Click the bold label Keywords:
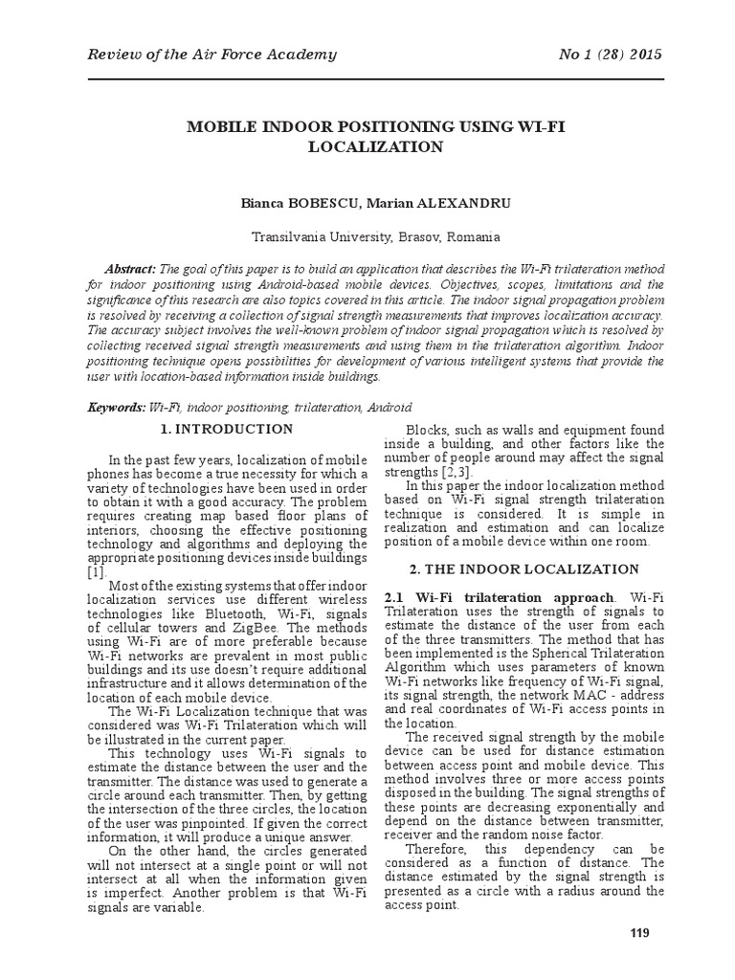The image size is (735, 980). coord(117,407)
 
